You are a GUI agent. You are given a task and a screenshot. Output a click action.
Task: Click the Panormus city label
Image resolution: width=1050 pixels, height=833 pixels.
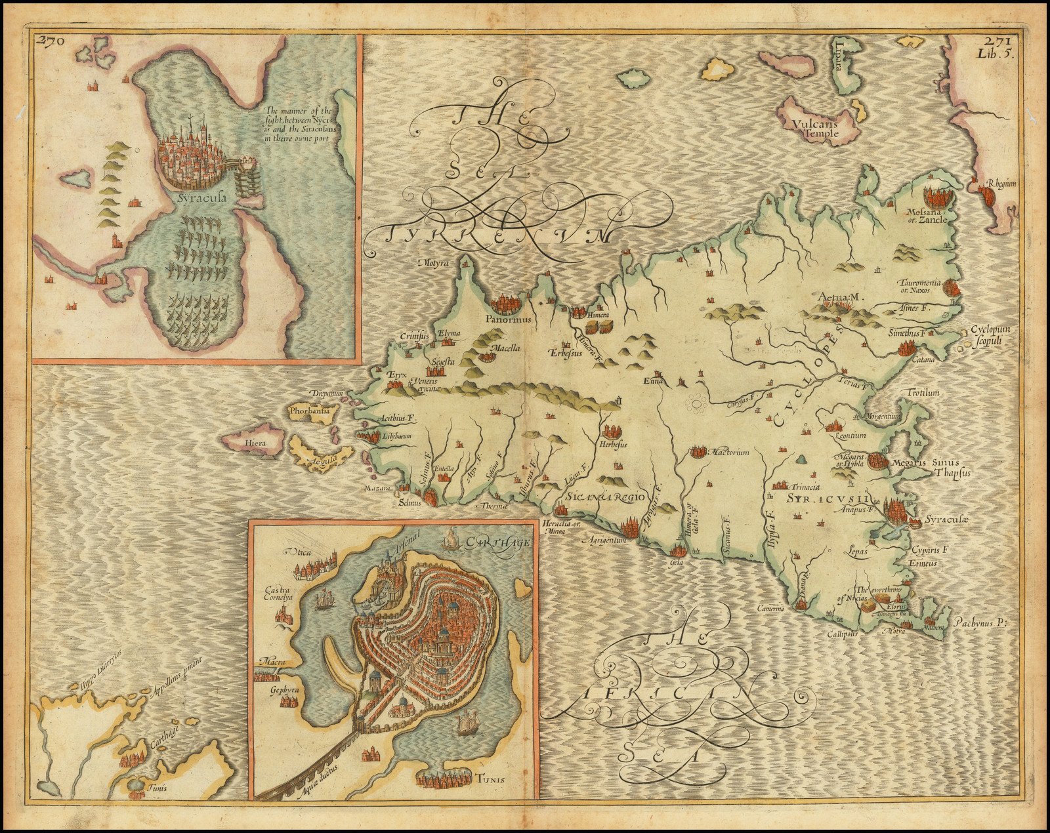click(x=509, y=321)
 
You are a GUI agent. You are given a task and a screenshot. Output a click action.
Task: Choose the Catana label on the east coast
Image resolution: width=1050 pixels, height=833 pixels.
click(x=928, y=359)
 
